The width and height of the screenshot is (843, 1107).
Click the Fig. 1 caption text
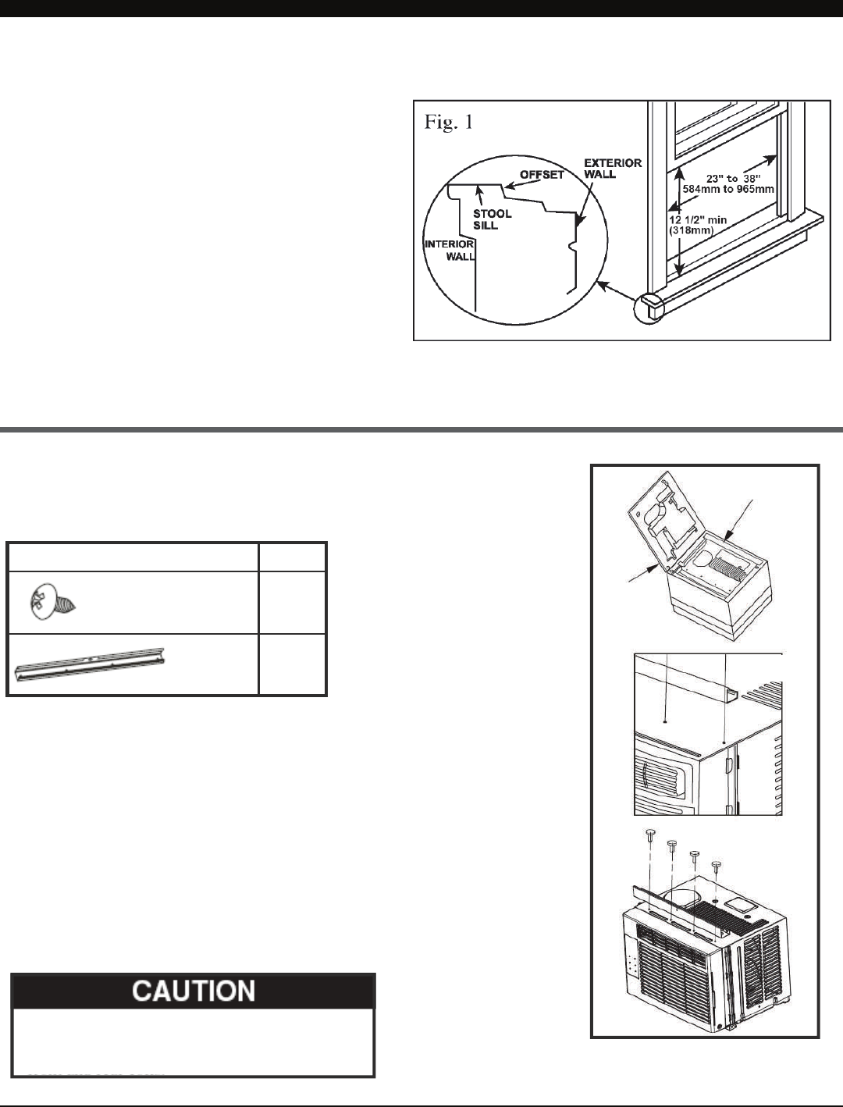[448, 122]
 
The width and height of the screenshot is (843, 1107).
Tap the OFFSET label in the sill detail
[542, 175]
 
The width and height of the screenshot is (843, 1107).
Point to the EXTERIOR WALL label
[613, 169]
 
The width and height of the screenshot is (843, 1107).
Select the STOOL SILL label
[492, 219]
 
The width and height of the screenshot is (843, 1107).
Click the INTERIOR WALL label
[450, 250]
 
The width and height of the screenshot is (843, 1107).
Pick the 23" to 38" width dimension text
[733, 179]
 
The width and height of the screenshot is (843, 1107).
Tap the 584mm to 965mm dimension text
[728, 190]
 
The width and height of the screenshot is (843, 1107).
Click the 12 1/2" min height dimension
[698, 220]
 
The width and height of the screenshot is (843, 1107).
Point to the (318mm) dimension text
[691, 231]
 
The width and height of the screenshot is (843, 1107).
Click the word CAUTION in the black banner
[194, 991]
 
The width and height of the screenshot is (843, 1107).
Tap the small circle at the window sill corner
[649, 308]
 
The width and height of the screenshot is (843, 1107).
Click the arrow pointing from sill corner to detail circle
[615, 292]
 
